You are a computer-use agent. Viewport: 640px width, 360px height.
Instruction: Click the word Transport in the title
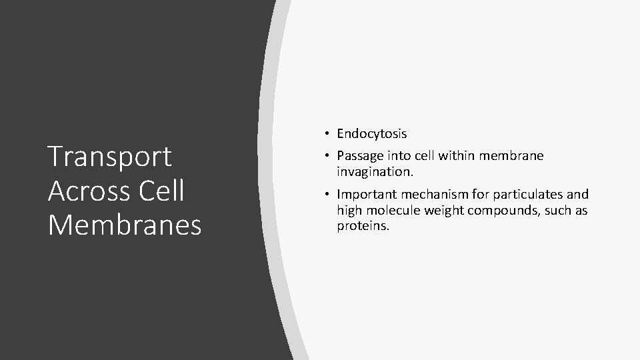click(110, 157)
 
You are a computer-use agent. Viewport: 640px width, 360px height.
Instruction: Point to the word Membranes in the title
click(125, 225)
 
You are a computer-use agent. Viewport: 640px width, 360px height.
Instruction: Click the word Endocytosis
click(371, 134)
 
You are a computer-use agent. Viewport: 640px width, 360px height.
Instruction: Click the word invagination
click(375, 171)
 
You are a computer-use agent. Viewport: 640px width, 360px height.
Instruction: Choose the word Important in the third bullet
click(365, 195)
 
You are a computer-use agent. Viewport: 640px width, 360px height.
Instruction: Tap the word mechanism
click(427, 195)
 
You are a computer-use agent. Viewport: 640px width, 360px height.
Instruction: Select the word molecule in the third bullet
click(392, 211)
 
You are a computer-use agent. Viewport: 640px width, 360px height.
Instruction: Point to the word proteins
click(363, 226)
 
